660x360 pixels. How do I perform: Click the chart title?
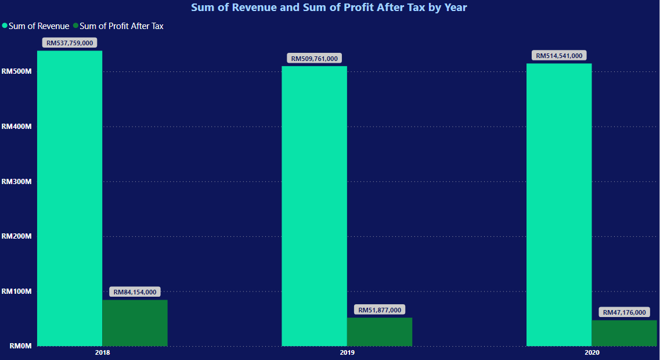(329, 8)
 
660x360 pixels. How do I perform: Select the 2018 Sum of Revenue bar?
(70, 197)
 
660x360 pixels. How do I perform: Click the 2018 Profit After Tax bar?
(135, 323)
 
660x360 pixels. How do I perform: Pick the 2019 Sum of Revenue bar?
(314, 206)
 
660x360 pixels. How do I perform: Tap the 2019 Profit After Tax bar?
(380, 332)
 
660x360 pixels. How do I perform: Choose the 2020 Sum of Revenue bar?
(559, 204)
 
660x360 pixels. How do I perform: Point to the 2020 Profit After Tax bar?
(624, 333)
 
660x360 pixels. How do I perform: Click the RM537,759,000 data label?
(70, 43)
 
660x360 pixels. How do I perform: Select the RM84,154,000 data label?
(135, 292)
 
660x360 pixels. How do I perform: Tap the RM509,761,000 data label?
(314, 59)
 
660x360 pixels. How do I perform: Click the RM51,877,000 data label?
(380, 310)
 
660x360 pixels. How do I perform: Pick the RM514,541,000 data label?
(559, 56)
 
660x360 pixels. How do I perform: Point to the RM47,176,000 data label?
(624, 312)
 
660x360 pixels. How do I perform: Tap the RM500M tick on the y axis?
(16, 71)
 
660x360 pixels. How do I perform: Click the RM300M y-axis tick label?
(16, 181)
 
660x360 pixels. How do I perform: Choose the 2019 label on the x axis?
(347, 352)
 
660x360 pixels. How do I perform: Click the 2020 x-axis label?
(592, 352)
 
